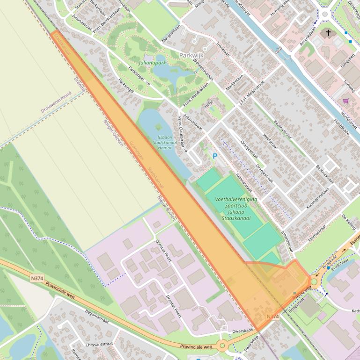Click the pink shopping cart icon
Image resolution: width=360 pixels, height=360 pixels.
[346, 101]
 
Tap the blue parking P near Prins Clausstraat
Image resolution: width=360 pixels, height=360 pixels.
[215, 156]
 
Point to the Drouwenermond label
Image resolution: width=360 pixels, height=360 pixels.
[56, 102]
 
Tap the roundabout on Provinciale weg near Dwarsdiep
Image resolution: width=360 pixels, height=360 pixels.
[221, 346]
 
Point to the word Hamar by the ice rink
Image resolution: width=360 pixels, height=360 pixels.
[165, 147]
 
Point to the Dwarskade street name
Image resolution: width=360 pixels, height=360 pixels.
[242, 331]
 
